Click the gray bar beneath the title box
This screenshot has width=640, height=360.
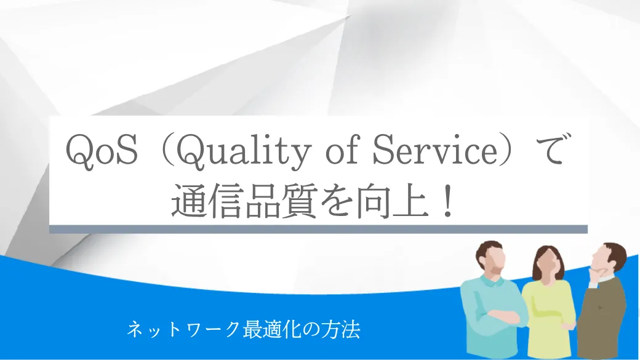(318, 229)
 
